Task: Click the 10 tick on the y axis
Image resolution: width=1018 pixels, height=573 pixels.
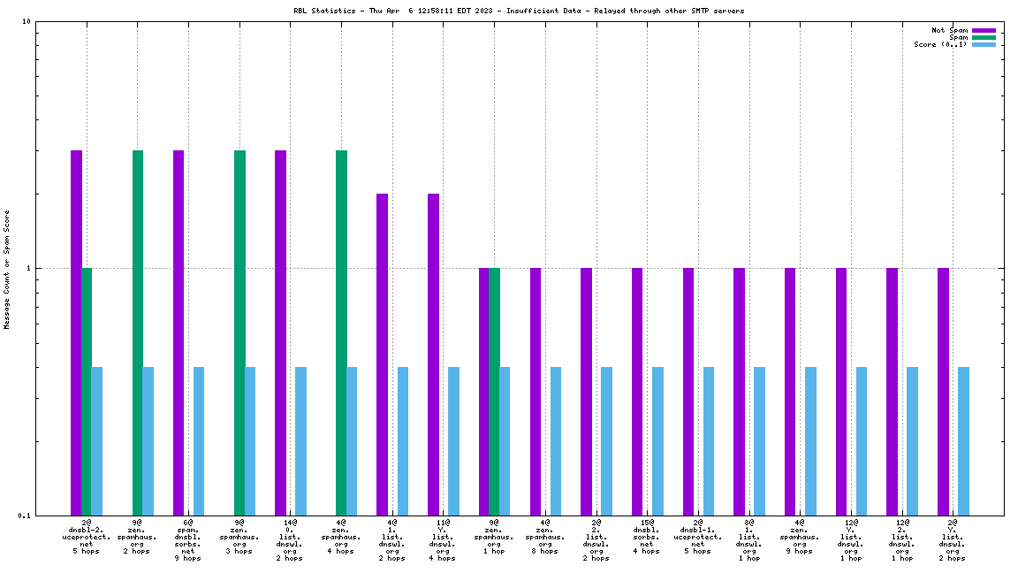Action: tap(26, 22)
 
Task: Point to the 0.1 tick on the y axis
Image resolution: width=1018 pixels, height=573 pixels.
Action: tap(24, 516)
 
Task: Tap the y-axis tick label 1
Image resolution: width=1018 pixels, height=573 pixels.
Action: tap(29, 269)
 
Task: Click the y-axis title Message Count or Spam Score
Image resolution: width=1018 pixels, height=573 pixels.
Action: tap(7, 269)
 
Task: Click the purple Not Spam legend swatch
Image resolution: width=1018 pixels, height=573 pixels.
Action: tap(984, 30)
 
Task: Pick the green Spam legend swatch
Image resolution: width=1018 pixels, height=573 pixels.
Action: tap(984, 37)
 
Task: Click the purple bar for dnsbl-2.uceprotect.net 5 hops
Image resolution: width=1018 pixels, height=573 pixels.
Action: tap(77, 332)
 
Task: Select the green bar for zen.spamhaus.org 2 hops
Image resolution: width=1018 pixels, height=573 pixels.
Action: tap(138, 332)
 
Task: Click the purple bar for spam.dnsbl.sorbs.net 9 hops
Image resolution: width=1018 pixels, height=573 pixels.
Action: tap(179, 332)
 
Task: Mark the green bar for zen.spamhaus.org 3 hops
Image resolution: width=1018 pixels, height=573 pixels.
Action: tap(239, 332)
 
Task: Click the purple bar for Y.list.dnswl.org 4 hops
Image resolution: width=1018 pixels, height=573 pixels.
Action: tap(433, 354)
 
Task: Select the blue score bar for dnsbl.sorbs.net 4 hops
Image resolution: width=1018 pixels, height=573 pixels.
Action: tap(657, 440)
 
